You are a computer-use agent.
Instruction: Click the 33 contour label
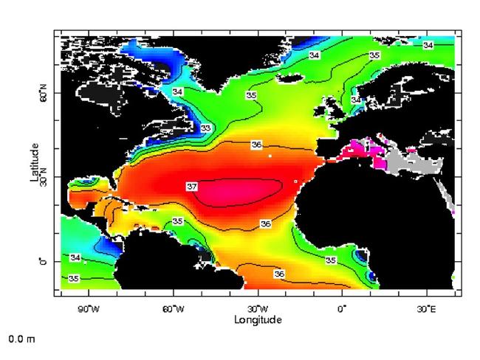tap(206, 128)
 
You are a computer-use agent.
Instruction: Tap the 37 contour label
tap(191, 187)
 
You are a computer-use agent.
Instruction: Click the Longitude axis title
tap(256, 319)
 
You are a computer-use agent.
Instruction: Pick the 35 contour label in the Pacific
tap(74, 278)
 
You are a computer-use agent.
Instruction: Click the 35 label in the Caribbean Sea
tap(178, 221)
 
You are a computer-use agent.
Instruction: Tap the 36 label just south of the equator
tap(279, 274)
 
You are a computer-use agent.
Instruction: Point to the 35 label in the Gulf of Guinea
tap(331, 260)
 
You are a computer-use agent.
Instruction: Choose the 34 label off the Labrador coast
tap(177, 91)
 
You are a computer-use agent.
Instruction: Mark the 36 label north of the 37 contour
tap(258, 145)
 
